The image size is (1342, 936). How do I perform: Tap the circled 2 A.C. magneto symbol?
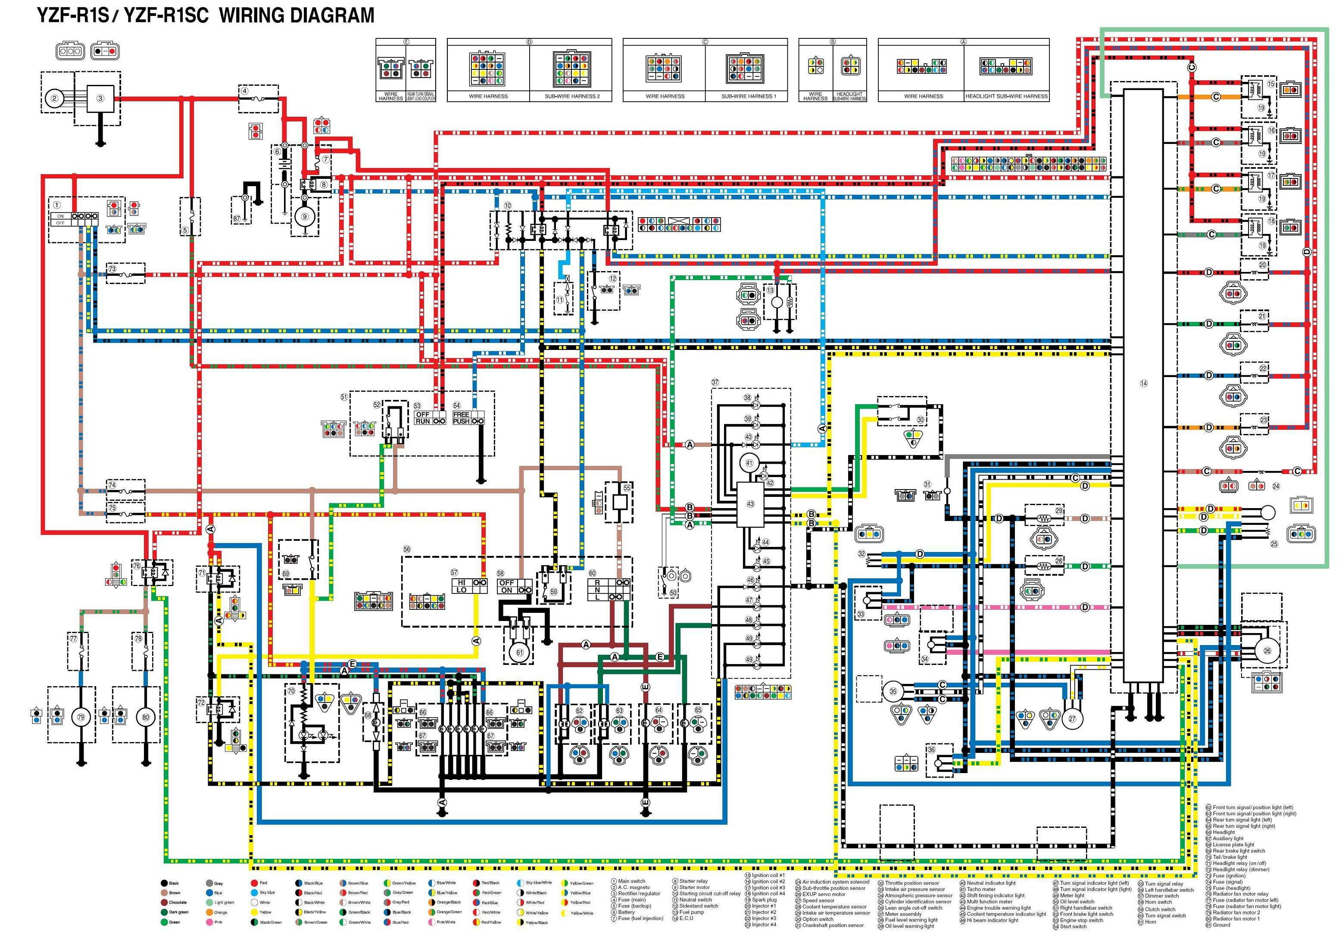[x=54, y=98]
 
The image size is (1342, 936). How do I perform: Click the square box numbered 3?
[x=100, y=98]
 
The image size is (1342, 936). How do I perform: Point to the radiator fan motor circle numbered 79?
[x=81, y=718]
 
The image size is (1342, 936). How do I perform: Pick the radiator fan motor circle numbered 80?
[x=146, y=718]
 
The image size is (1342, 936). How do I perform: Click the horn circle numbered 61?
[x=520, y=652]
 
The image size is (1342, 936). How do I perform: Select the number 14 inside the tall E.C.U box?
[x=1143, y=384]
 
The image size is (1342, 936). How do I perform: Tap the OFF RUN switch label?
[x=423, y=418]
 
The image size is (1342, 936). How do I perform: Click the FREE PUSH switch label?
[x=461, y=418]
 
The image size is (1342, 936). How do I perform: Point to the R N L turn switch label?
[x=597, y=590]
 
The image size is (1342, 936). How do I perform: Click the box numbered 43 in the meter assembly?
[x=750, y=504]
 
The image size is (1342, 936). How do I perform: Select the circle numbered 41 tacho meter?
[x=749, y=463]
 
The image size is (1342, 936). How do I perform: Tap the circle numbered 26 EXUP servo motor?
[x=1267, y=651]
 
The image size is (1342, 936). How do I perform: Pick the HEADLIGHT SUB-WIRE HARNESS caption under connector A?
[x=1007, y=97]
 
